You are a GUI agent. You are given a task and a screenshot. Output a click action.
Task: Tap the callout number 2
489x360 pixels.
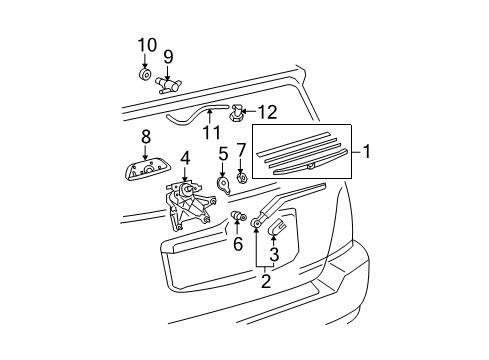pyautogui.click(x=266, y=281)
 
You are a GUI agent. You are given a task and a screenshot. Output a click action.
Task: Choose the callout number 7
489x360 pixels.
pyautogui.click(x=242, y=150)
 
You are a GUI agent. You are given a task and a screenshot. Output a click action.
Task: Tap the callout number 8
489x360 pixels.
pyautogui.click(x=145, y=136)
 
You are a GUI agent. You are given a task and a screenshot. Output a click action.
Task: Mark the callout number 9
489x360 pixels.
pyautogui.click(x=169, y=56)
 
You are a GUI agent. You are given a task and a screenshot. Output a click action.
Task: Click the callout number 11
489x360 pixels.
pyautogui.click(x=210, y=132)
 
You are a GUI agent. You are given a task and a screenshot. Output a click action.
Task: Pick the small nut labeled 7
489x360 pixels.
pyautogui.click(x=242, y=180)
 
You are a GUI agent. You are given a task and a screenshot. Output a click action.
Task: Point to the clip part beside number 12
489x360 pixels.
pyautogui.click(x=237, y=112)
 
